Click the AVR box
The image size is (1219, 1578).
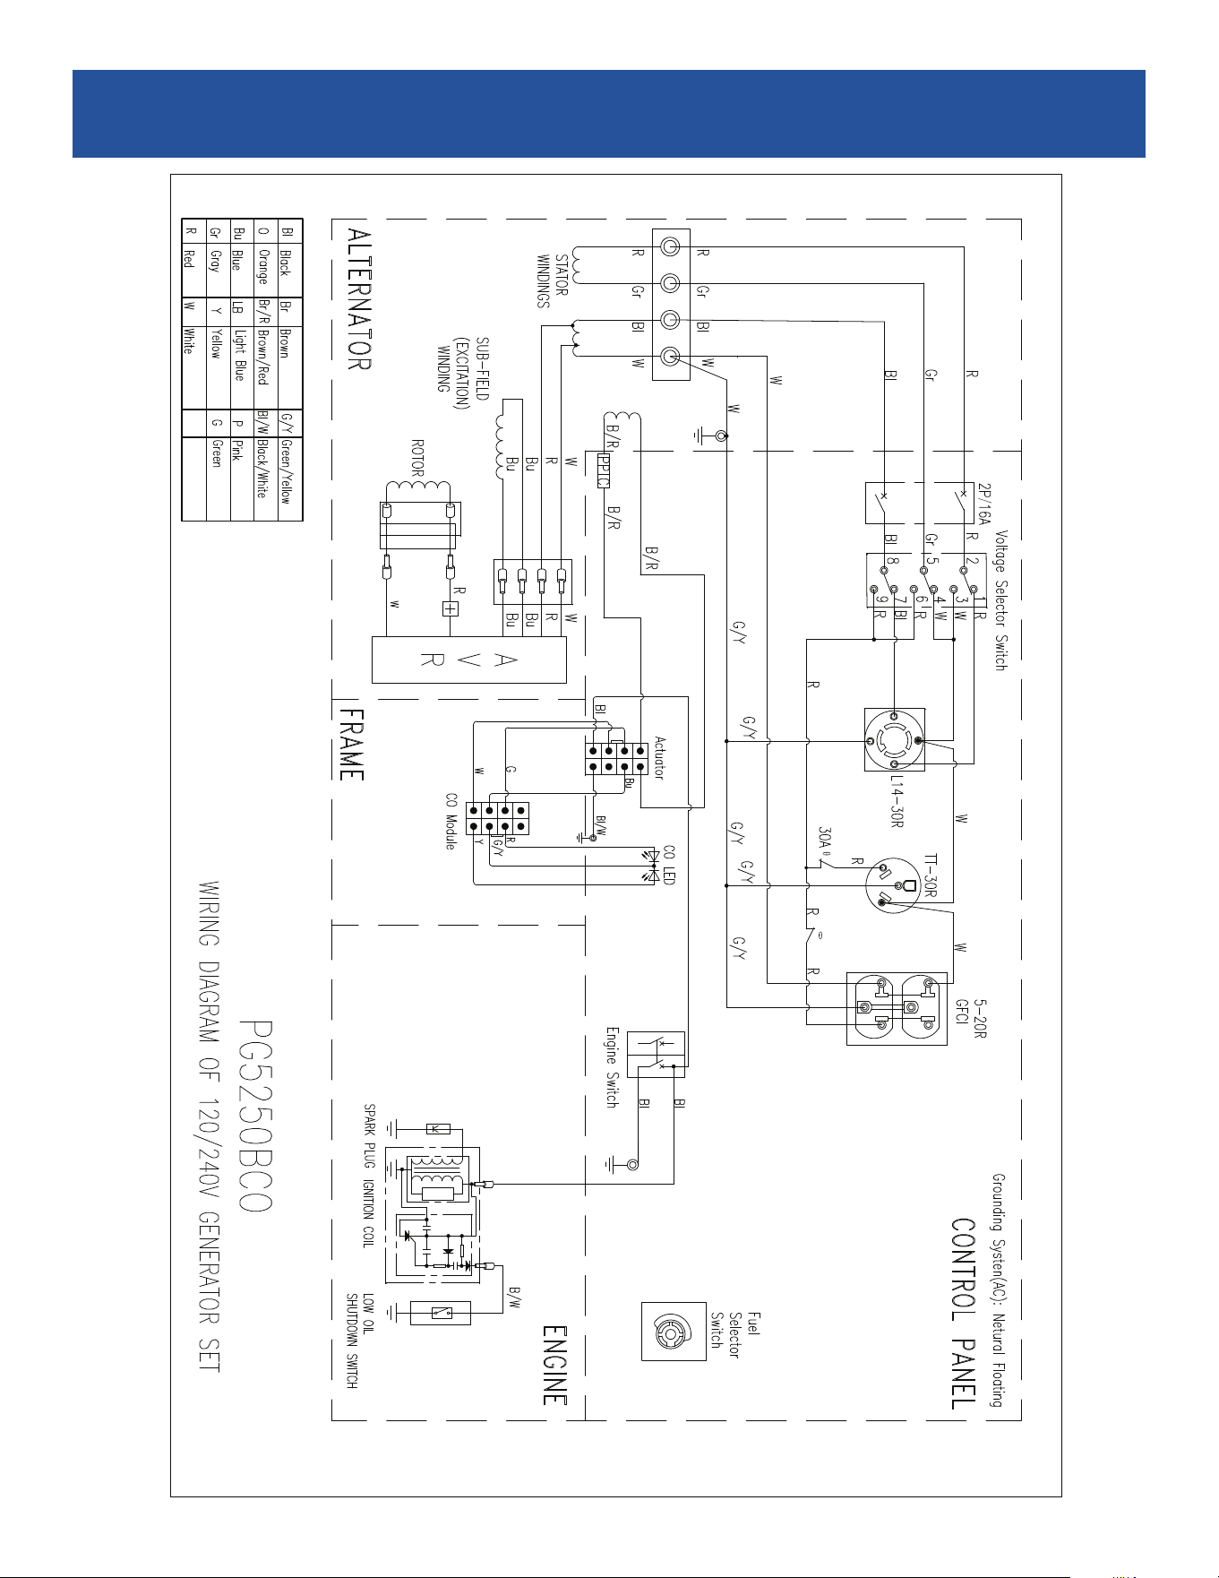click(x=468, y=660)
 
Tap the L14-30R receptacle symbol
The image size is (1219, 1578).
click(x=895, y=740)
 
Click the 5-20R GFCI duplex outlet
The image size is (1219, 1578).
click(x=897, y=1008)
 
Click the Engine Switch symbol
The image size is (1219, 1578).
click(x=656, y=1054)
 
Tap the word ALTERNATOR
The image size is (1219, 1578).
click(x=358, y=299)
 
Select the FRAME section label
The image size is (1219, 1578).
click(x=351, y=746)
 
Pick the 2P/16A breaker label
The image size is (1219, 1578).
click(x=984, y=504)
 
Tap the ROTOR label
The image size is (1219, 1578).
click(x=417, y=457)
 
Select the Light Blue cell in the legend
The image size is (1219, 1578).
click(x=238, y=355)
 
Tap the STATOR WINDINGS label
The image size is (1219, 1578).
click(x=553, y=280)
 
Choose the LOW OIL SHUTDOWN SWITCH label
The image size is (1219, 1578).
click(x=360, y=1341)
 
